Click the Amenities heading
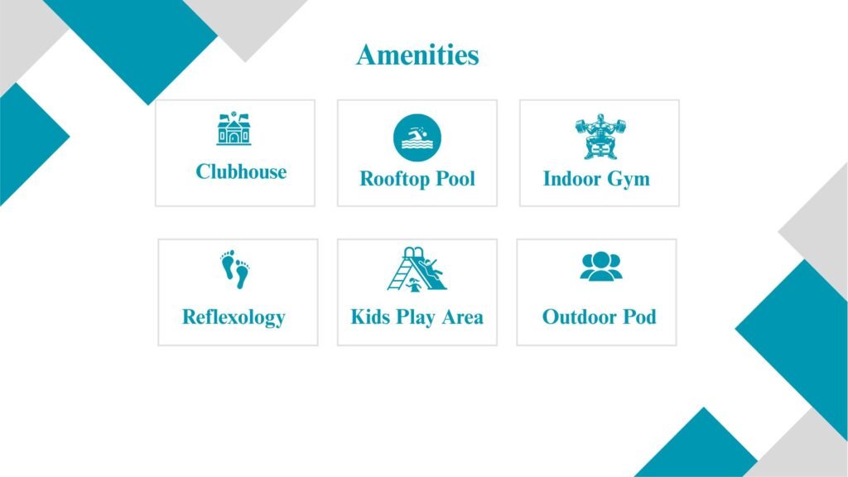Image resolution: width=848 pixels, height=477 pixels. pyautogui.click(x=417, y=55)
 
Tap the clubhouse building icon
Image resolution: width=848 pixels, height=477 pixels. pyautogui.click(x=234, y=128)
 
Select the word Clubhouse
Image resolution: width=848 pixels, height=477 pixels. pyautogui.click(x=241, y=171)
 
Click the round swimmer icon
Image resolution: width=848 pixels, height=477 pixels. pyautogui.click(x=417, y=137)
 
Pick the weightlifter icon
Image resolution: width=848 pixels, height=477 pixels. pyautogui.click(x=600, y=137)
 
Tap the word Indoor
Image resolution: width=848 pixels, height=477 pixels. pyautogui.click(x=571, y=179)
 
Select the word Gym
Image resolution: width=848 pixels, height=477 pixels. pyautogui.click(x=628, y=180)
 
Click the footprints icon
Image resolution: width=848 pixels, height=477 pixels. pyautogui.click(x=235, y=269)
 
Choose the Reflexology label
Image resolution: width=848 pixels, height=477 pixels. pyautogui.click(x=234, y=317)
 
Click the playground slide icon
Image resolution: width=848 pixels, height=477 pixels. pyautogui.click(x=417, y=269)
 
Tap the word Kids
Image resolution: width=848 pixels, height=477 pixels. pyautogui.click(x=371, y=317)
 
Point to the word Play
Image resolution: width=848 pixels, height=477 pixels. pyautogui.click(x=416, y=318)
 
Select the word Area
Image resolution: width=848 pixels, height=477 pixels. pyautogui.click(x=462, y=317)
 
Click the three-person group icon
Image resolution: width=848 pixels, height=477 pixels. pyautogui.click(x=601, y=266)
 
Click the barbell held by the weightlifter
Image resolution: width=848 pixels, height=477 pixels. pyautogui.click(x=600, y=128)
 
